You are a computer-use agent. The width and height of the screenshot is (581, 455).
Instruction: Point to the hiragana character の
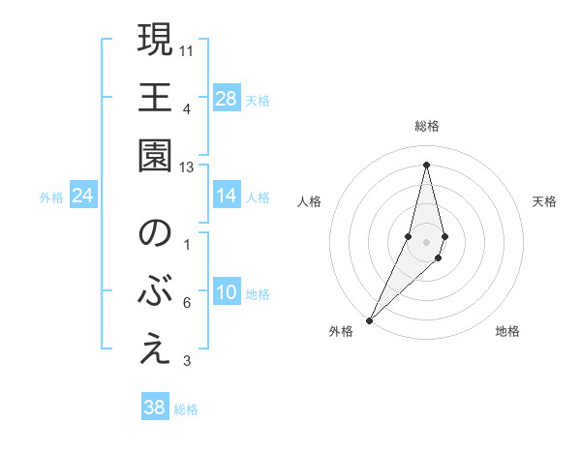tap(155, 235)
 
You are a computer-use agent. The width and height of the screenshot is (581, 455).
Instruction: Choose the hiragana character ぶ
tap(155, 293)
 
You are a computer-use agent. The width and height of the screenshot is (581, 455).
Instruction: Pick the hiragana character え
tap(155, 350)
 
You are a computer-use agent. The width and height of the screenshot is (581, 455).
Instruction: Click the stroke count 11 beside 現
tap(188, 49)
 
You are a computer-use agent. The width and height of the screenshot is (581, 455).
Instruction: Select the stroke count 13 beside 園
tap(188, 167)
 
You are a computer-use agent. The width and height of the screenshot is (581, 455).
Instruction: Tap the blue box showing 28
tap(227, 98)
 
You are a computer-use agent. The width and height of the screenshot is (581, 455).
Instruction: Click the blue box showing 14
tap(227, 196)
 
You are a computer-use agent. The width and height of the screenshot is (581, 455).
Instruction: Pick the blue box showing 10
tap(227, 293)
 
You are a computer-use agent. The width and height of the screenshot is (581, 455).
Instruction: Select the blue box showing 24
tap(83, 196)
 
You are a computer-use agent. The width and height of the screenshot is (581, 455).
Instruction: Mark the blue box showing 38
tap(155, 408)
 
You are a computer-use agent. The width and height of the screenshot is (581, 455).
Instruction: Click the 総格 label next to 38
tap(186, 409)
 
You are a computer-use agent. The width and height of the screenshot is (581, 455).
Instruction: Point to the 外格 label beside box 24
tap(51, 197)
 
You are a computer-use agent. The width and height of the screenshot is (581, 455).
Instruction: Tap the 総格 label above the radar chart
tap(427, 126)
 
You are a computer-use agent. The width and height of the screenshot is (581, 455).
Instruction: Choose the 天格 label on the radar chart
tap(544, 201)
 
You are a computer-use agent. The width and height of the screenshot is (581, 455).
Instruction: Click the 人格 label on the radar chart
tap(310, 201)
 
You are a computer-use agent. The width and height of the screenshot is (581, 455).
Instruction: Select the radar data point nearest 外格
tap(370, 318)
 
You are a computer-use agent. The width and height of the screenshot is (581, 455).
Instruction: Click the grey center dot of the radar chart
tap(427, 241)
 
